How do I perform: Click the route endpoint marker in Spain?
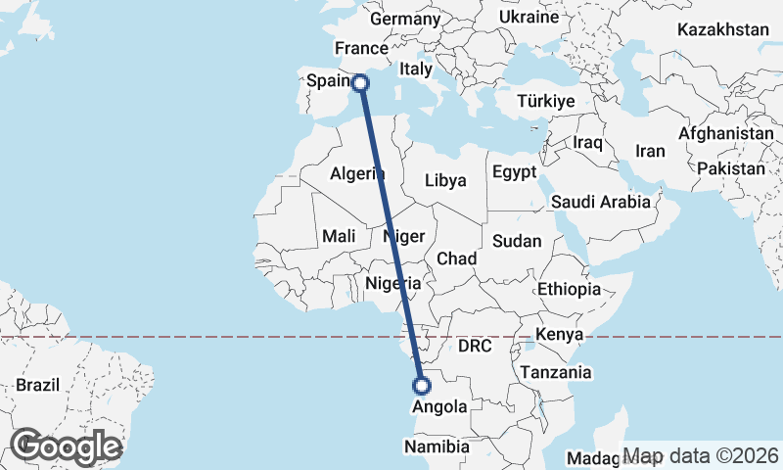click(x=361, y=83)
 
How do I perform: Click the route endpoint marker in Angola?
click(x=422, y=386)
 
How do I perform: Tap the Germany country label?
click(x=405, y=19)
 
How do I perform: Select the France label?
click(x=361, y=48)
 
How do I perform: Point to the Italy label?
click(x=416, y=70)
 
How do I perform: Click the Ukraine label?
click(x=529, y=17)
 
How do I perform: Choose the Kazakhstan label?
click(x=723, y=29)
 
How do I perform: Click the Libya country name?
click(x=445, y=180)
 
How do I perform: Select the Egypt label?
click(x=515, y=172)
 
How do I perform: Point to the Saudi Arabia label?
click(x=601, y=202)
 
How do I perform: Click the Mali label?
click(x=339, y=236)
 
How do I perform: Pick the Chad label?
click(x=456, y=258)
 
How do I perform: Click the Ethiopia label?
click(x=569, y=289)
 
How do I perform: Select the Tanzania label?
click(x=557, y=372)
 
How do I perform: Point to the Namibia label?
click(x=438, y=446)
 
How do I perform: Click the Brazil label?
click(x=37, y=384)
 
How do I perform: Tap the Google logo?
click(x=68, y=446)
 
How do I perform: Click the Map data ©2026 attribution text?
click(x=702, y=455)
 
